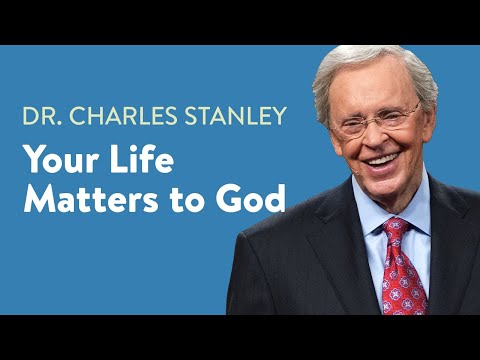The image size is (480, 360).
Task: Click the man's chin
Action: (x=386, y=180)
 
